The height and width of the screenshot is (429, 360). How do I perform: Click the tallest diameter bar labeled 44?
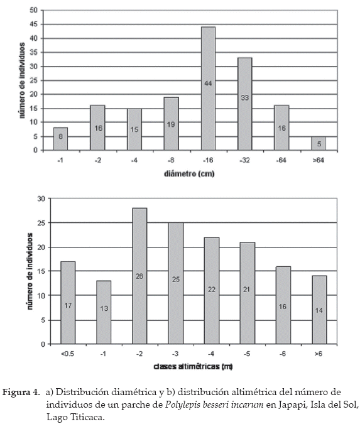click(209, 89)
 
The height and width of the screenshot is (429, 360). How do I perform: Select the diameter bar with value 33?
click(245, 104)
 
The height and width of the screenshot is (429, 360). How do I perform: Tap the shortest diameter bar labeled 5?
click(319, 143)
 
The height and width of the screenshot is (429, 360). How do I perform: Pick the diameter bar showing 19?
click(171, 124)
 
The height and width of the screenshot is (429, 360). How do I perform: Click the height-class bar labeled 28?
click(139, 276)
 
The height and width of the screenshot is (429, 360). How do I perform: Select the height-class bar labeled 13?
click(104, 312)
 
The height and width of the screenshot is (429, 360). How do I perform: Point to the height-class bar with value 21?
click(248, 293)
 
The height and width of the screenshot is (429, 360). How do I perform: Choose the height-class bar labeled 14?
click(319, 310)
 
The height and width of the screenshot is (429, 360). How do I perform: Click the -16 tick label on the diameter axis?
click(208, 160)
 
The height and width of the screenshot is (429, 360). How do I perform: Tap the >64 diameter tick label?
click(319, 160)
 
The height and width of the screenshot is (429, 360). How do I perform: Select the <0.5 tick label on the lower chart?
click(67, 354)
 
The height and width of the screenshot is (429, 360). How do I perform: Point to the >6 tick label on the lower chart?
click(319, 354)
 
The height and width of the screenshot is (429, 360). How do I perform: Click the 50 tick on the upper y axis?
click(33, 11)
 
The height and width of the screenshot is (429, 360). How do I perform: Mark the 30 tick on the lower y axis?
click(41, 198)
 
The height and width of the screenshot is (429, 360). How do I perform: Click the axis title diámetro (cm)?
click(189, 174)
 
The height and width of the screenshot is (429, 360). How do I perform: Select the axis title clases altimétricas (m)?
click(193, 366)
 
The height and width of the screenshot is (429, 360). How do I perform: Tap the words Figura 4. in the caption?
click(21, 393)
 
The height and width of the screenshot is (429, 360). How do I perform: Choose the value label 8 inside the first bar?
click(60, 136)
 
